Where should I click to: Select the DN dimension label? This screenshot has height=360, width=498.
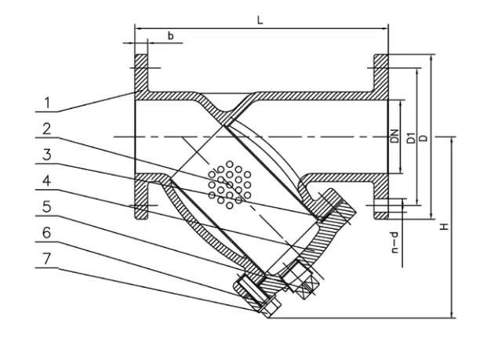(396, 136)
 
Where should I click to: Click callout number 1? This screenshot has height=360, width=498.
(47, 103)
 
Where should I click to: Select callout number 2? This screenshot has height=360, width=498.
(47, 128)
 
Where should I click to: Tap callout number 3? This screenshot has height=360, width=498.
(47, 155)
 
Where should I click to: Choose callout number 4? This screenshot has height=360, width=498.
(47, 180)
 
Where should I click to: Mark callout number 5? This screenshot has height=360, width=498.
(47, 207)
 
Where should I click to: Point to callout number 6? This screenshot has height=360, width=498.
(47, 233)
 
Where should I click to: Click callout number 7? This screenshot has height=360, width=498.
(47, 259)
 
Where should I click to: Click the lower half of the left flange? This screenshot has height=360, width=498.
(140, 196)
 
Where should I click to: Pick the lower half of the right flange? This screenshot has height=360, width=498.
(380, 196)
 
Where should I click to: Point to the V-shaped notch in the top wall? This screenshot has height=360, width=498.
(224, 104)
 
